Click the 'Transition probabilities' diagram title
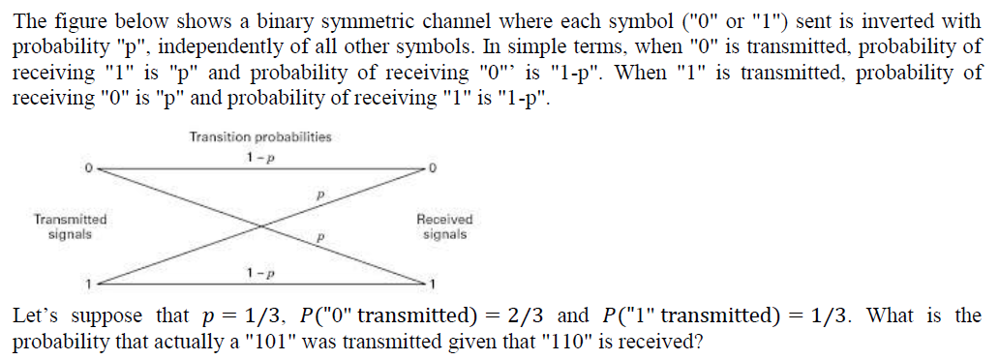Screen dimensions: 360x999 [x=260, y=136]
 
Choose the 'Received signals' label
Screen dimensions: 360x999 [x=444, y=226]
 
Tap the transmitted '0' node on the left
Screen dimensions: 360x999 [x=87, y=167]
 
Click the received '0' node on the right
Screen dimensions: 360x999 [x=433, y=167]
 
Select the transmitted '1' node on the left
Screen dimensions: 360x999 [x=87, y=285]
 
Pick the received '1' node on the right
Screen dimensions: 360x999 [x=433, y=285]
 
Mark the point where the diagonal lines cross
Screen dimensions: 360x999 [x=259, y=226]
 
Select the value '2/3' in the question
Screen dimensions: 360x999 [x=532, y=315]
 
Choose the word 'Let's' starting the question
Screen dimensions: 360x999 [x=34, y=315]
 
